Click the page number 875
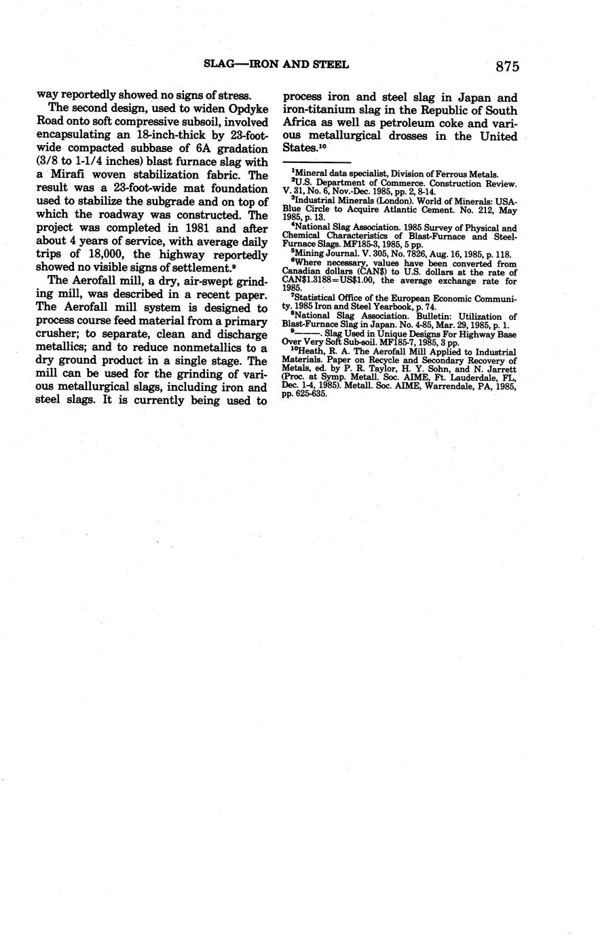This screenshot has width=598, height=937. pos(507,66)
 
